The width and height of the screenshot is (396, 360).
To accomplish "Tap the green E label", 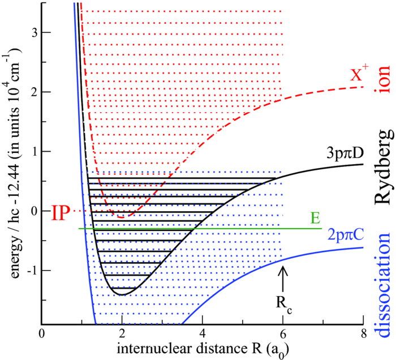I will pos(314,218).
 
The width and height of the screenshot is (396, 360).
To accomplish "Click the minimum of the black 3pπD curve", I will pos(122,294).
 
